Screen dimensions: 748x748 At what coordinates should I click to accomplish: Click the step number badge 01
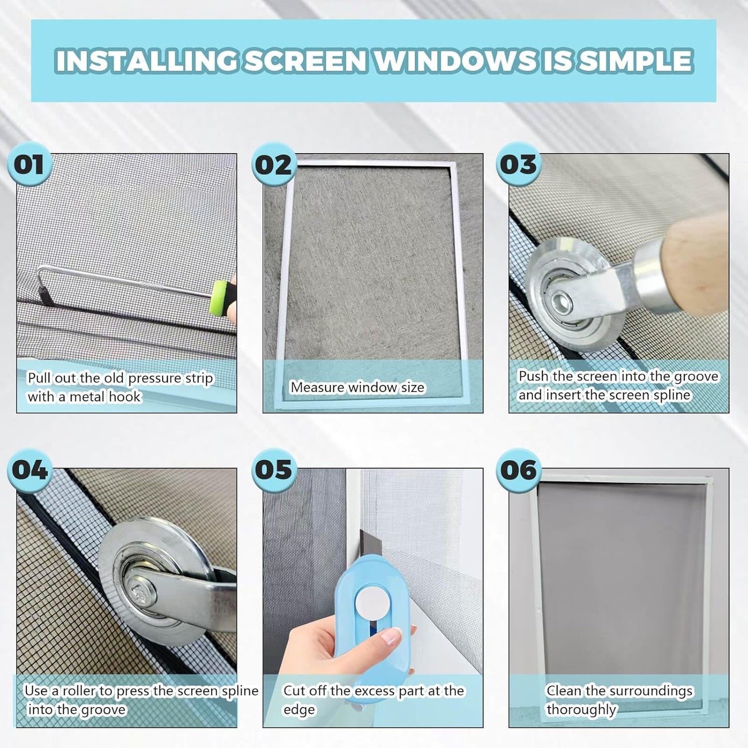28,165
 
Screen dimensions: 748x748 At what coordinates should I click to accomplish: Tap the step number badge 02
274,166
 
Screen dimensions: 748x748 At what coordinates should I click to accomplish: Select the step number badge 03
518,165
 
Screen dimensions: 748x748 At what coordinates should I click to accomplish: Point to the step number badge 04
30,470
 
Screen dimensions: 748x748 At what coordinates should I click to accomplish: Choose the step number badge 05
274,470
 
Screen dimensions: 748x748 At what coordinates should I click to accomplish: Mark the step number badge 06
518,470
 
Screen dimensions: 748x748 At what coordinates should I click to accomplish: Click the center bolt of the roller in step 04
141,591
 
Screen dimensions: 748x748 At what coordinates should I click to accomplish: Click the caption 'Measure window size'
357,387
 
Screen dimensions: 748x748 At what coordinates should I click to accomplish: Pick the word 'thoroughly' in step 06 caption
581,709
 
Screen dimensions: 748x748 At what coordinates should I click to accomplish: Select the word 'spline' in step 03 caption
671,395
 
